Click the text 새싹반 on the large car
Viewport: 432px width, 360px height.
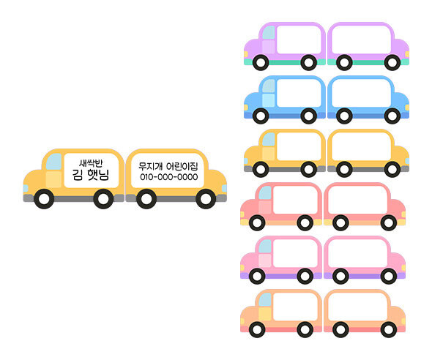pos(91,163)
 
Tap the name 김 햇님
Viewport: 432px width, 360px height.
pos(91,175)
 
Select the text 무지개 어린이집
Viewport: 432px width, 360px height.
pos(168,166)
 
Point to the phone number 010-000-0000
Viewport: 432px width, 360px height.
pos(168,176)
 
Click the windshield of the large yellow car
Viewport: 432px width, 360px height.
pos(54,162)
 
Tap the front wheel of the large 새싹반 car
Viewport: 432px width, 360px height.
pos(44,199)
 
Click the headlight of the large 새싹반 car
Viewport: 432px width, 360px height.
pos(26,189)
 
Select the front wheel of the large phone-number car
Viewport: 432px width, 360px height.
pos(206,199)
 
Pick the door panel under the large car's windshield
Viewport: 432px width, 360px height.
pos(53,179)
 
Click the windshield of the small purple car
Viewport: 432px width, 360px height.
pos(269,32)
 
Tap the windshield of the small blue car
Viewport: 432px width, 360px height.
pos(269,86)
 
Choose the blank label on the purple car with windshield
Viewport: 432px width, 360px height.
pos(299,40)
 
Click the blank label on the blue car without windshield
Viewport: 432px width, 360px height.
pos(361,93)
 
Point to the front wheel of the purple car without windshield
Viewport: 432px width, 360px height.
pos(392,63)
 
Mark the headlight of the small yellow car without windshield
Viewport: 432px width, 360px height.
pos(407,161)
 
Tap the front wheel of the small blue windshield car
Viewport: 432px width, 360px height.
pos(261,116)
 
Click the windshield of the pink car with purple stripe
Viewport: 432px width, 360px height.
pos(265,247)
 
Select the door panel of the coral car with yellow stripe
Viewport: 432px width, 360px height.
pos(265,207)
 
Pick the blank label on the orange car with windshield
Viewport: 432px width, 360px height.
pos(295,307)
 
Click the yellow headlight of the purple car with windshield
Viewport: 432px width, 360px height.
pos(246,54)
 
